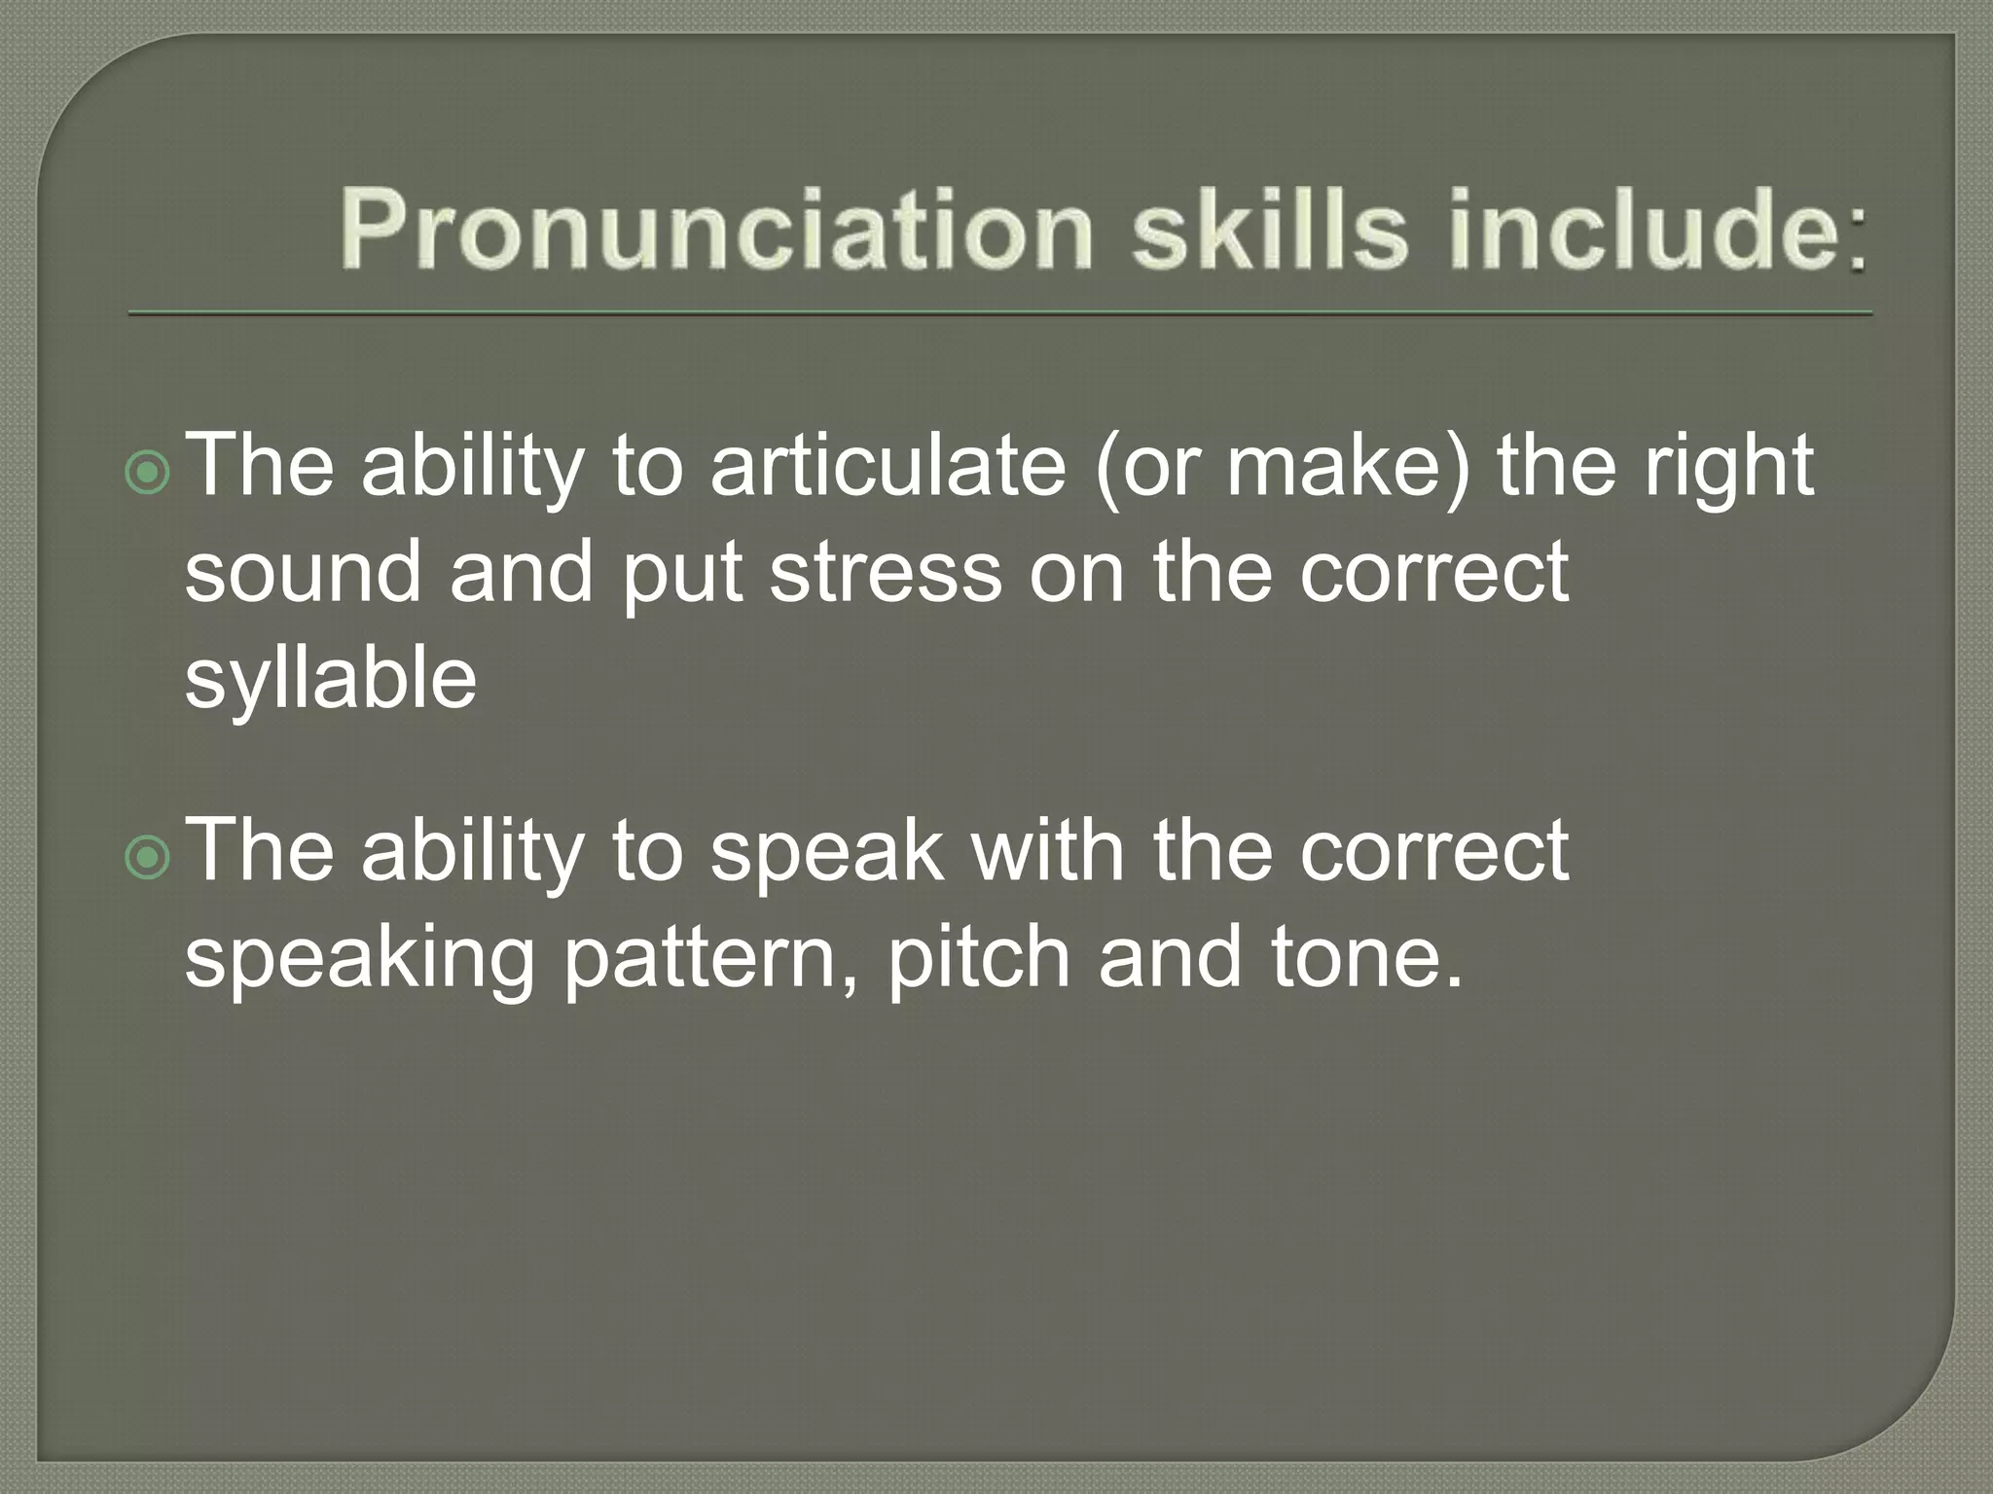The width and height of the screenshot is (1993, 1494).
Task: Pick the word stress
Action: click(x=886, y=574)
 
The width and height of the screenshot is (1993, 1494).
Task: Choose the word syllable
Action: click(x=331, y=681)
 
